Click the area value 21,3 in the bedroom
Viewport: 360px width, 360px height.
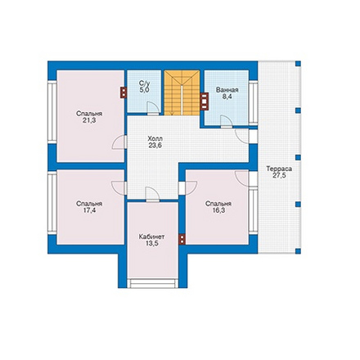(89, 120)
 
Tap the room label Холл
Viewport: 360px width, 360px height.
(155, 138)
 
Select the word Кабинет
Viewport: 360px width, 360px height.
(151, 236)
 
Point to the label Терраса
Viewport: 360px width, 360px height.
(279, 169)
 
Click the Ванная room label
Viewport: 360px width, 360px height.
(227, 90)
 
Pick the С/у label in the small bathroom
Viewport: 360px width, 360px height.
(144, 83)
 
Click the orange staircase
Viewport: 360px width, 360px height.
(182, 92)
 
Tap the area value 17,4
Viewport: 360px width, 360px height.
(89, 210)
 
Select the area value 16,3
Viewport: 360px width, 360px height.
(218, 210)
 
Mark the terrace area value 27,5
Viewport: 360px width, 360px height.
(279, 176)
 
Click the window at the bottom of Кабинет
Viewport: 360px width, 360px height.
(153, 283)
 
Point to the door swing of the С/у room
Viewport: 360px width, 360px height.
(153, 107)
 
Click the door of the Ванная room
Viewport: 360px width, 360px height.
(227, 121)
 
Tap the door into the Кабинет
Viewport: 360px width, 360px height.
(153, 194)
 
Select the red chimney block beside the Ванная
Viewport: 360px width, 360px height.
(205, 101)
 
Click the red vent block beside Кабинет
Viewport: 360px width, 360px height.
(182, 239)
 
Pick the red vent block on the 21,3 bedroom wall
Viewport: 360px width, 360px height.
(124, 92)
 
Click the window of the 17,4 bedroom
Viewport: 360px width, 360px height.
(52, 203)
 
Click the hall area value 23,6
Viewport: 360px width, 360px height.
(155, 145)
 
